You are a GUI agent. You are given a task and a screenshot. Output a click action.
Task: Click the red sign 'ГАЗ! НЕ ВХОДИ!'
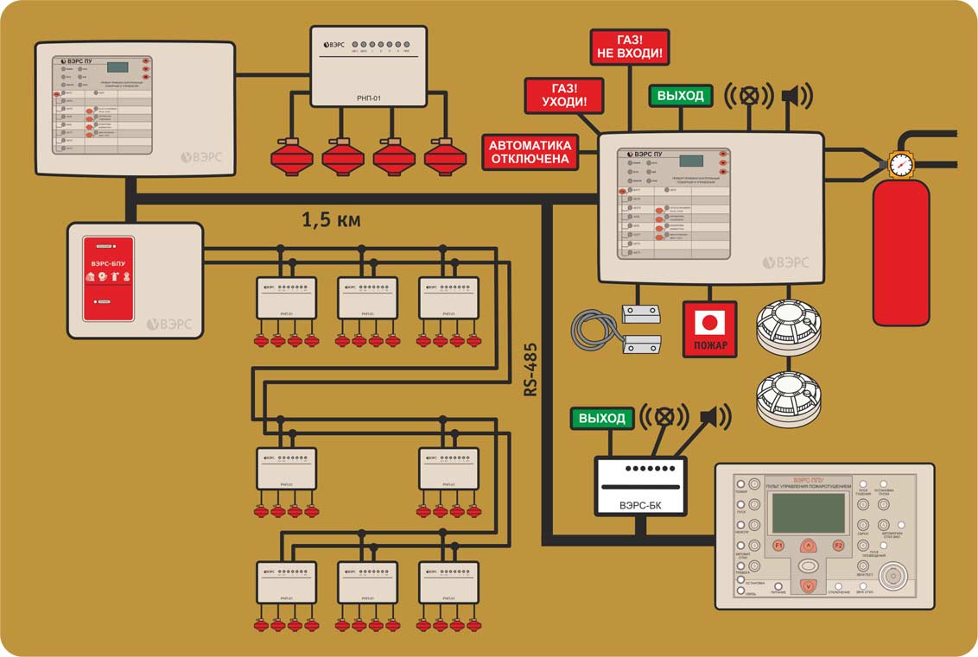click(x=630, y=47)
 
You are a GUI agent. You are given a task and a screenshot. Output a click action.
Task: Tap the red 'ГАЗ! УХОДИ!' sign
click(x=563, y=95)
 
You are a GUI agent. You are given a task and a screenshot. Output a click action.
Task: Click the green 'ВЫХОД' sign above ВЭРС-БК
click(x=602, y=419)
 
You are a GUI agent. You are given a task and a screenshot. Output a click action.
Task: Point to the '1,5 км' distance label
click(x=331, y=220)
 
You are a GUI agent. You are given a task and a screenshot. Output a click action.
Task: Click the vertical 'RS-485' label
click(x=530, y=367)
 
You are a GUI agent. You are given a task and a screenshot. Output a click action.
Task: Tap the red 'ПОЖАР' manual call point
click(x=710, y=329)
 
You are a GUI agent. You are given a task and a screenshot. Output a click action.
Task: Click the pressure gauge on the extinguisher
click(x=900, y=164)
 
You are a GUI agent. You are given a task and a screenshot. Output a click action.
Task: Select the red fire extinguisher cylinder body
click(x=900, y=255)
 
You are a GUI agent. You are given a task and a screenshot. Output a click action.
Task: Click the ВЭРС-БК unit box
click(x=640, y=486)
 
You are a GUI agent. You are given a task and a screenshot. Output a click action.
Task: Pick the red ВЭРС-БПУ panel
click(x=108, y=278)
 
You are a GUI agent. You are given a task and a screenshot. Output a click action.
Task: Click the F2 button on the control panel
click(x=837, y=546)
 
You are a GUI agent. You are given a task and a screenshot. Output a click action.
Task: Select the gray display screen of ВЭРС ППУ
click(x=809, y=513)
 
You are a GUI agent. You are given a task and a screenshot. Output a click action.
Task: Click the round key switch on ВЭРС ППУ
click(x=892, y=577)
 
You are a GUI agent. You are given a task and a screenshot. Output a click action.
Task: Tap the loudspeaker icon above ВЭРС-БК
click(x=712, y=418)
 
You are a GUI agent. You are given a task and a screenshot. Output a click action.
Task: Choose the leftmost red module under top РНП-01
click(x=291, y=155)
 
